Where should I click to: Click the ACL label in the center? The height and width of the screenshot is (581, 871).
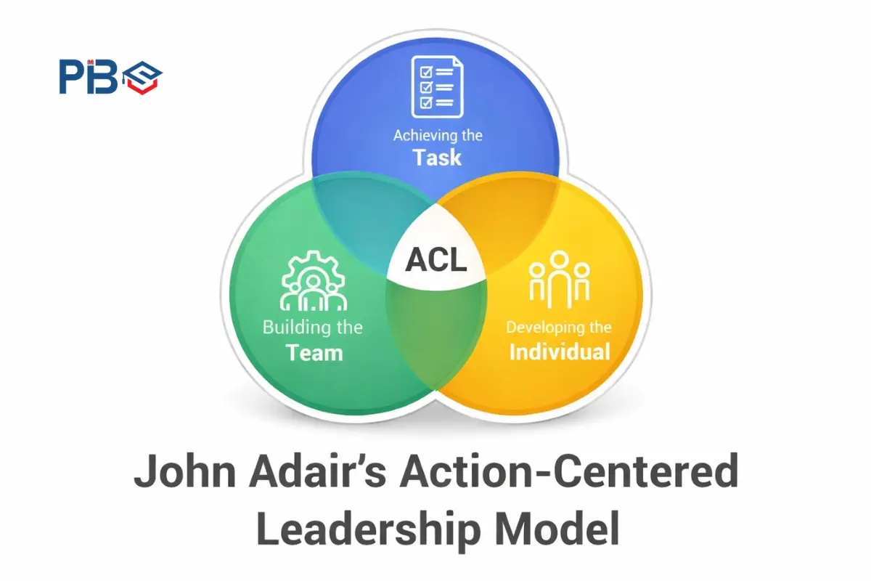click(x=436, y=260)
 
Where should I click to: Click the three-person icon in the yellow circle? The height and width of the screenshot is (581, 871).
click(x=559, y=277)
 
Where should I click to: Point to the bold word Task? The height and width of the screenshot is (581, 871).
click(x=437, y=157)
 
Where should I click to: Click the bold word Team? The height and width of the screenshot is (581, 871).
click(x=314, y=353)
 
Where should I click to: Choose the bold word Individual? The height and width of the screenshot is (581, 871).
click(x=559, y=352)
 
